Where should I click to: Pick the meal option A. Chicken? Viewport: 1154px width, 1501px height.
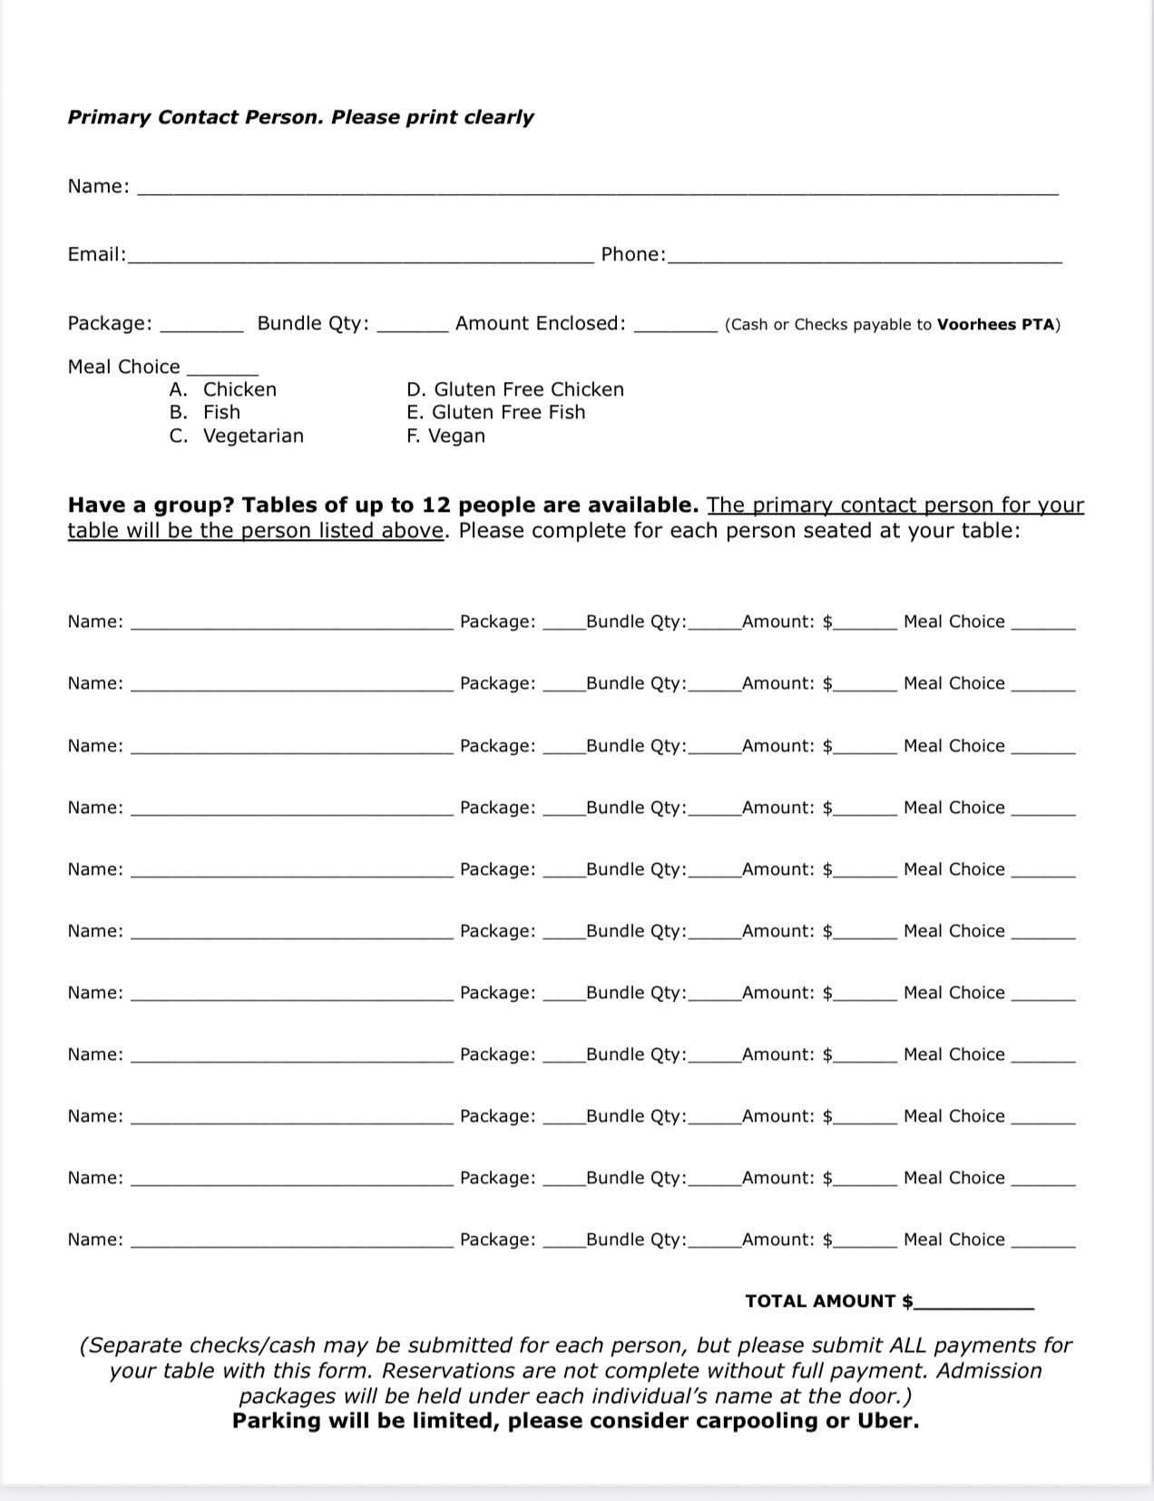[223, 390]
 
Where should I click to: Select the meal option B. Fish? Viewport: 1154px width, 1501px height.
[205, 413]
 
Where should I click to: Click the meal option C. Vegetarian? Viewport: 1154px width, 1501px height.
[237, 437]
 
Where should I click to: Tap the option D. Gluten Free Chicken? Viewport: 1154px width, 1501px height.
[515, 390]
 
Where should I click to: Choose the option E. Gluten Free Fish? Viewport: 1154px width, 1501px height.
[496, 413]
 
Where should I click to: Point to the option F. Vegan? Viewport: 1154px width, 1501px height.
[446, 437]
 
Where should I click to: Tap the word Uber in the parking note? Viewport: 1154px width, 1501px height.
[888, 1421]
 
